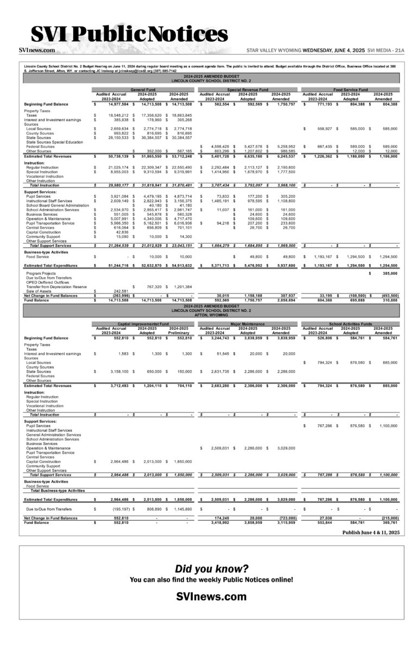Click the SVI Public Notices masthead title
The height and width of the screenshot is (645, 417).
[129, 35]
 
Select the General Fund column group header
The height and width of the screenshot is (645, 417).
[143, 89]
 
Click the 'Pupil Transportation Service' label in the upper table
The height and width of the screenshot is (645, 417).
[50, 223]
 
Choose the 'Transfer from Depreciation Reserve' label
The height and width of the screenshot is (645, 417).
[56, 286]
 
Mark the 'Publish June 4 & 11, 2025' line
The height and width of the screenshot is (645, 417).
[371, 533]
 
